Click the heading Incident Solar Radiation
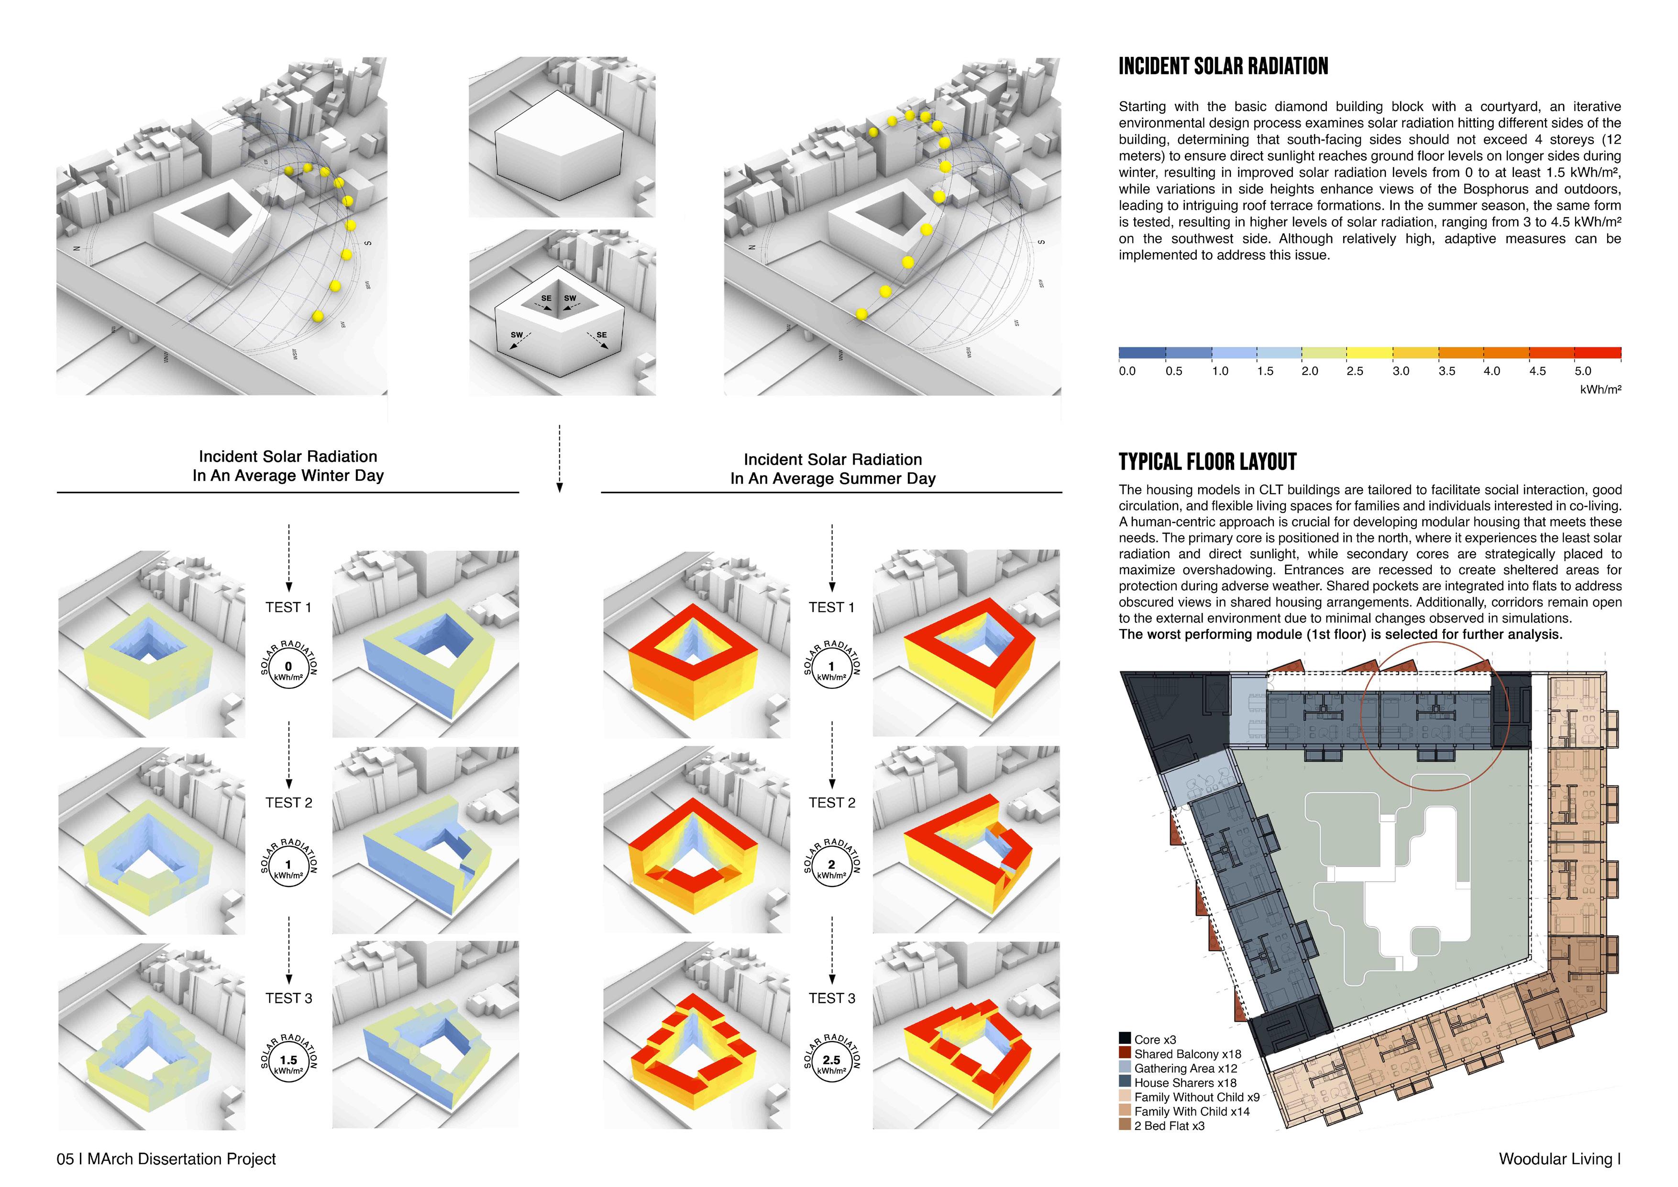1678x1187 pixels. (1223, 67)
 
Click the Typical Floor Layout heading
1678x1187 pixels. (1207, 462)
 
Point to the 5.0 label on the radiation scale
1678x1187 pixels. (1583, 371)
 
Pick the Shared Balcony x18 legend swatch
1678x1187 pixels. (1125, 1053)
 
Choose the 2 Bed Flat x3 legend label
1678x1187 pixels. (1170, 1126)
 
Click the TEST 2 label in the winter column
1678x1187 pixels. (289, 802)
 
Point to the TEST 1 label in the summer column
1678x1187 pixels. (832, 608)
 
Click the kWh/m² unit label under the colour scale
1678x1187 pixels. (1600, 389)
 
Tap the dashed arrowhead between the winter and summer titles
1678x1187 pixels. (560, 488)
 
